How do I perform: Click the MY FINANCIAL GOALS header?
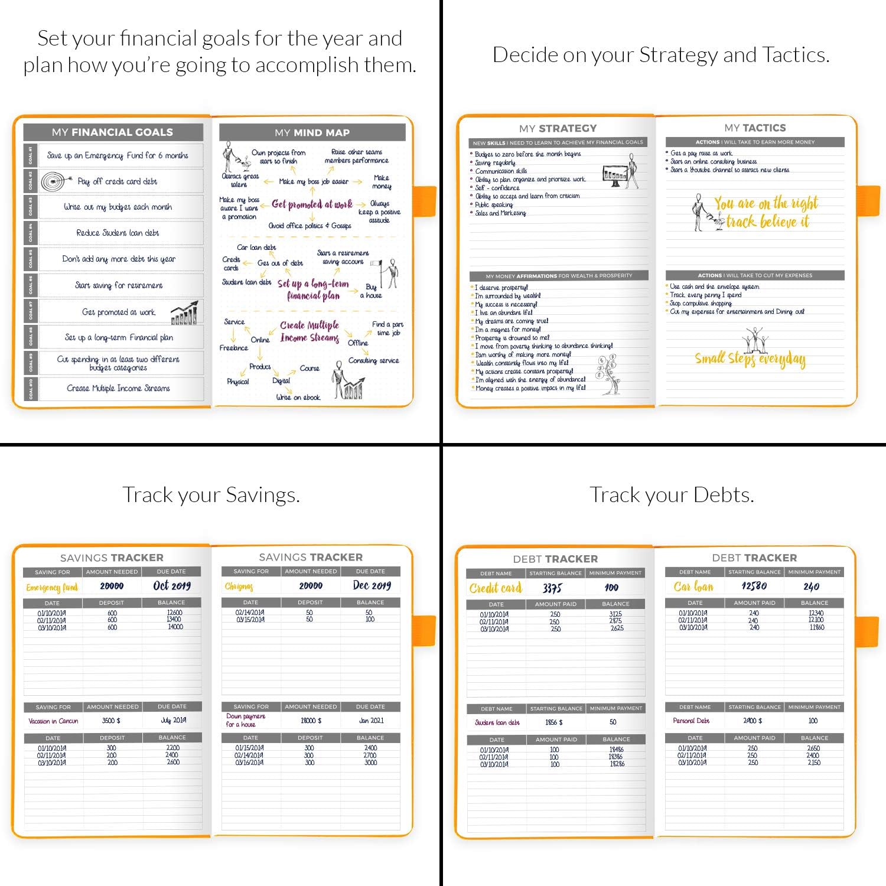click(x=112, y=132)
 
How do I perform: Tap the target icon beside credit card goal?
click(x=53, y=181)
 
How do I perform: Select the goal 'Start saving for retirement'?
click(x=118, y=285)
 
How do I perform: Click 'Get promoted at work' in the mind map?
click(x=312, y=204)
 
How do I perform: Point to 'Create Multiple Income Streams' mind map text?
click(x=310, y=331)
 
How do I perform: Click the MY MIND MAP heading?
click(x=312, y=133)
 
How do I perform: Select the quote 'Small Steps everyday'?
click(x=750, y=359)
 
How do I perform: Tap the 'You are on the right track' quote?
click(x=766, y=213)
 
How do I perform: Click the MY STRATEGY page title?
click(x=558, y=128)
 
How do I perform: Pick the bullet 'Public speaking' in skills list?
click(x=494, y=204)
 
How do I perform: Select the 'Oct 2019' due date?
click(x=172, y=586)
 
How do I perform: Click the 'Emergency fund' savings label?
click(x=52, y=587)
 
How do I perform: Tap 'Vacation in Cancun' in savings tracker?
click(x=53, y=721)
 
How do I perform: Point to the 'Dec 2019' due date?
click(x=372, y=585)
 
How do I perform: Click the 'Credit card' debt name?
click(x=496, y=588)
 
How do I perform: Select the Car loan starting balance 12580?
click(x=754, y=587)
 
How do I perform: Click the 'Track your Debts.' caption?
click(x=672, y=495)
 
